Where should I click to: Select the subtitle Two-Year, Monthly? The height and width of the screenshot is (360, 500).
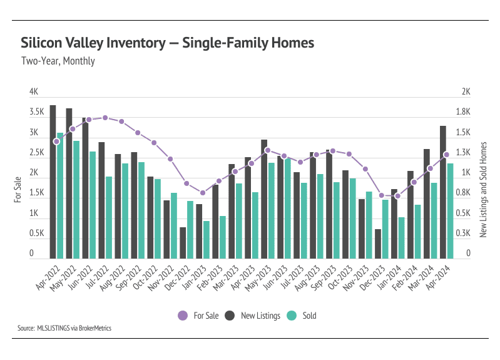tap(58, 61)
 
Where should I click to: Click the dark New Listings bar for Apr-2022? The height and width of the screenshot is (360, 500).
tap(53, 182)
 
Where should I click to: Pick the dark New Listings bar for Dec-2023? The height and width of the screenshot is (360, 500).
tap(378, 244)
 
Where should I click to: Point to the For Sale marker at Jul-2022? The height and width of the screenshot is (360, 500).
tap(105, 118)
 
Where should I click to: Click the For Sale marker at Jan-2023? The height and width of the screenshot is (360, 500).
tap(203, 193)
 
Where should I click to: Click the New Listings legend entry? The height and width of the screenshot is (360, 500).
tap(253, 316)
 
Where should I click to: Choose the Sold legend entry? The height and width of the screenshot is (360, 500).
tap(302, 316)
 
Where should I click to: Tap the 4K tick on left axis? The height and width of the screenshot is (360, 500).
tap(34, 91)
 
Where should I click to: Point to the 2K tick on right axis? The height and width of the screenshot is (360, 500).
tap(466, 91)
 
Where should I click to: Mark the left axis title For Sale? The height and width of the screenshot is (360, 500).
tap(18, 189)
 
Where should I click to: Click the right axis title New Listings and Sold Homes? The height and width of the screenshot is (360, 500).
tap(483, 189)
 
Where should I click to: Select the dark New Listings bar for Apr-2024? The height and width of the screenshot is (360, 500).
tap(443, 192)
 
